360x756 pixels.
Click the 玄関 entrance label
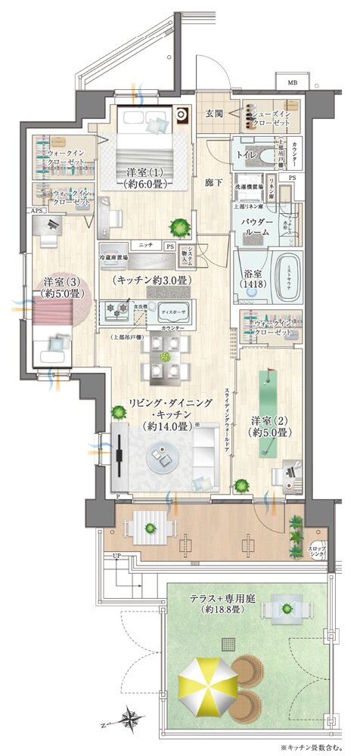tap(213, 113)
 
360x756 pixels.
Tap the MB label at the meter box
tap(291, 82)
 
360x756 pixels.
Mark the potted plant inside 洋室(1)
tap(179, 225)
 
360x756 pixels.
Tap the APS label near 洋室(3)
tap(36, 211)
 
